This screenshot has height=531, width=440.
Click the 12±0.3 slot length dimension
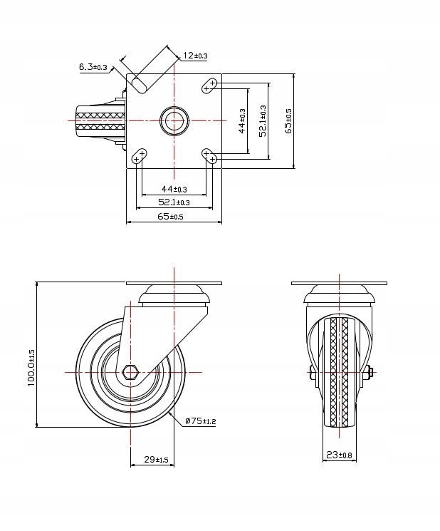click(194, 56)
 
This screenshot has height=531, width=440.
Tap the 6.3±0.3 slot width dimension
click(93, 67)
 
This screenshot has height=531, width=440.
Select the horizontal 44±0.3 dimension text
click(174, 189)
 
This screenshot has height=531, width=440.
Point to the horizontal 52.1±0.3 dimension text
click(174, 203)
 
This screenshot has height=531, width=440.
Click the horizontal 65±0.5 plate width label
click(170, 217)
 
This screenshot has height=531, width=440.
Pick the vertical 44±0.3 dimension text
click(242, 121)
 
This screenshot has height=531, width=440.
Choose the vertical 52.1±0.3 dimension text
click(263, 121)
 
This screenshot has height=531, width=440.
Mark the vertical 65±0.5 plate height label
click(288, 121)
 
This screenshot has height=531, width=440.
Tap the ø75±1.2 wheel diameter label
click(200, 421)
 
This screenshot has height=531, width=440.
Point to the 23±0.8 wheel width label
click(338, 455)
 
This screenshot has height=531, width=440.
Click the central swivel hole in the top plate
click(174, 120)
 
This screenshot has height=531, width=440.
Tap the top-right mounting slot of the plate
click(209, 86)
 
